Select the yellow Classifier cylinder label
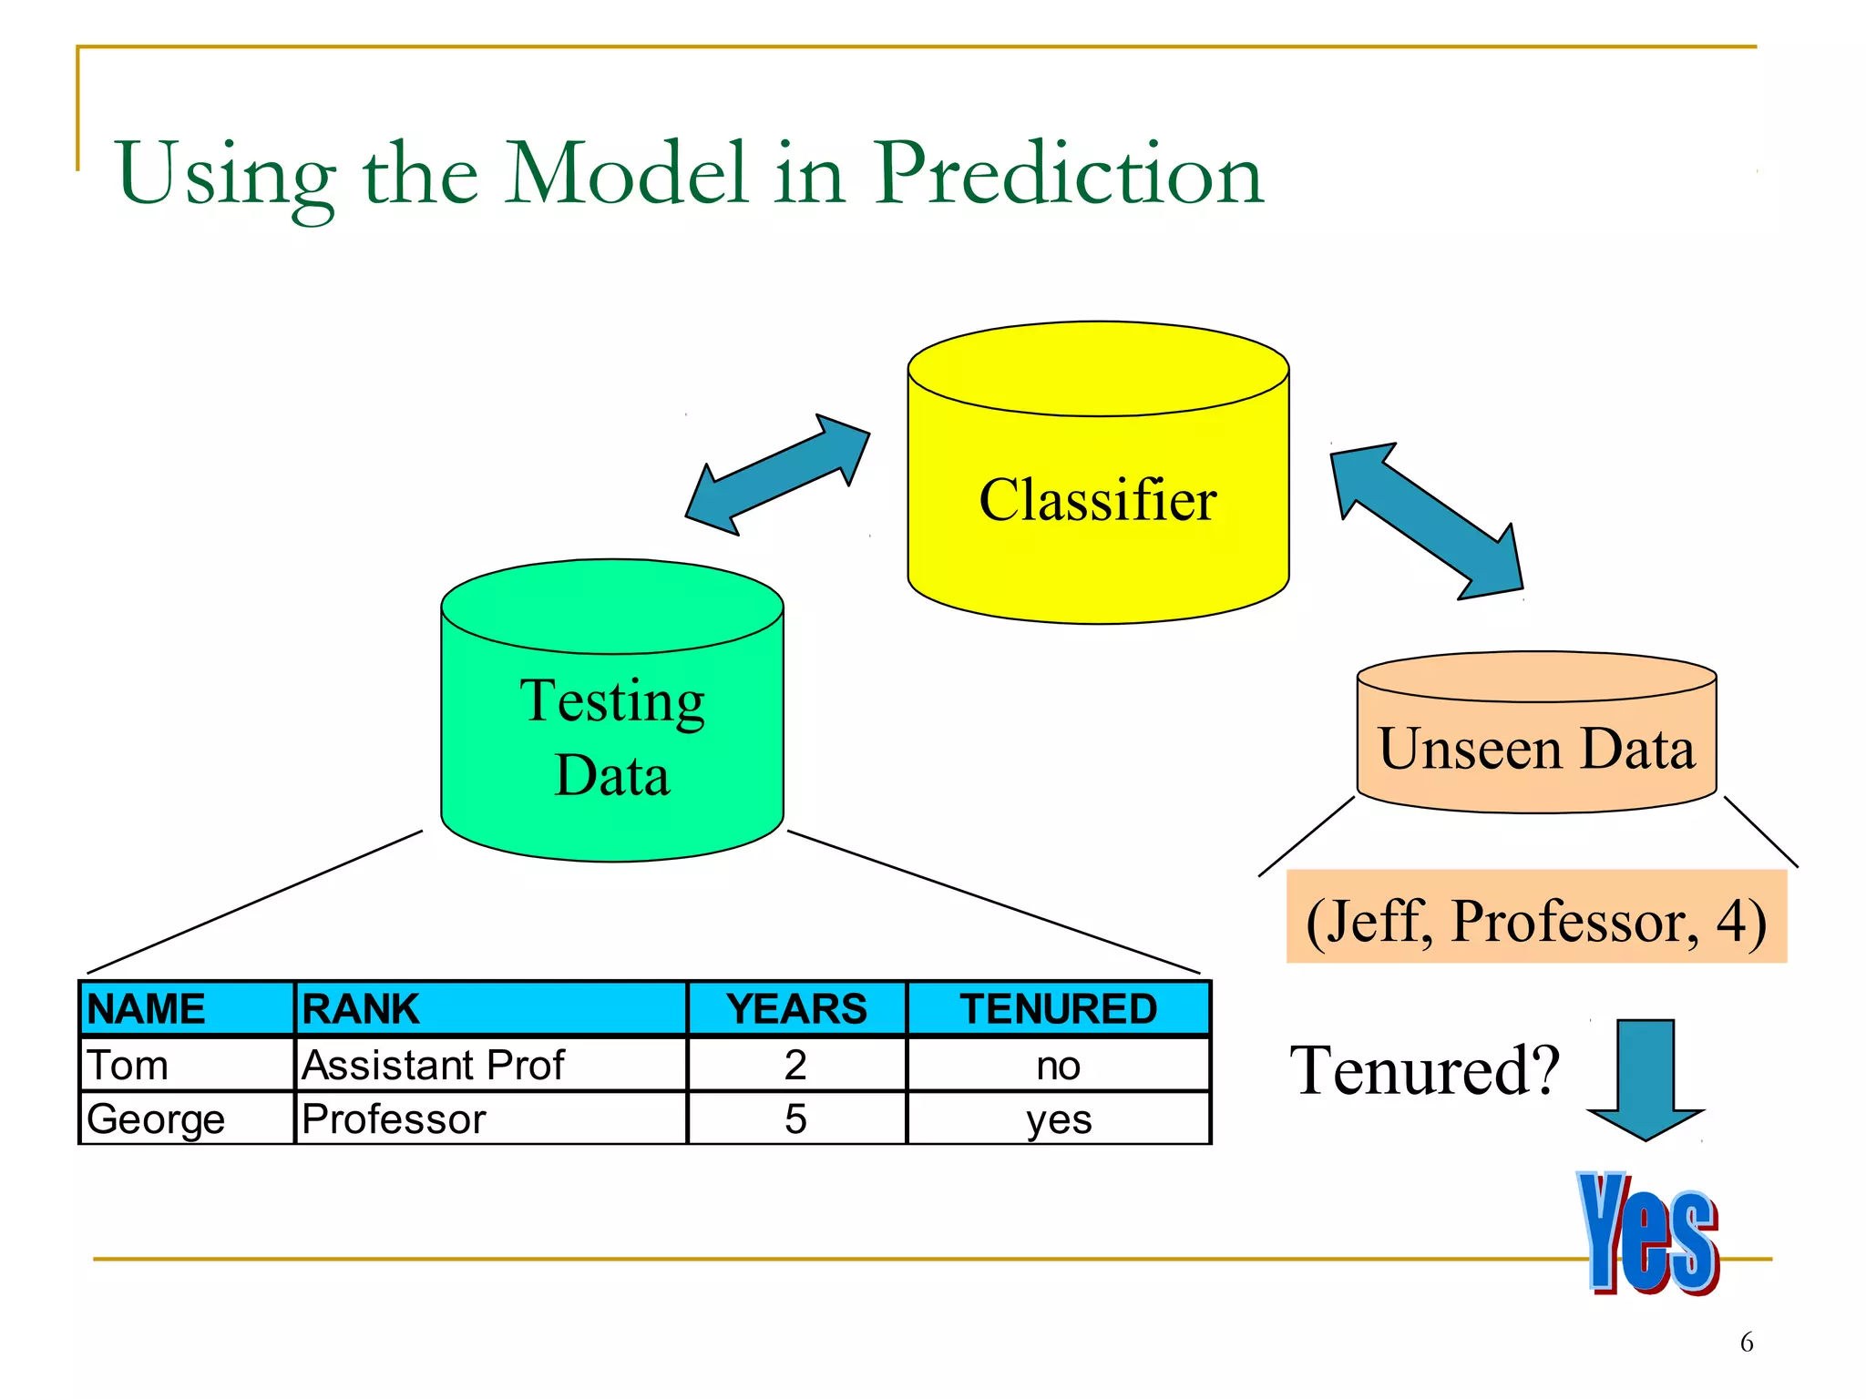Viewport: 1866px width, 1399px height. click(1097, 500)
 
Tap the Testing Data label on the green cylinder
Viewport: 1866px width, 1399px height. click(612, 737)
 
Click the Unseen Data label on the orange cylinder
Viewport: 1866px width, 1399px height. click(1536, 749)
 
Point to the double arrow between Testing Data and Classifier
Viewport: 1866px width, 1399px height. click(777, 475)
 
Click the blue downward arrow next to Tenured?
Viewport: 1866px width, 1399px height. click(1645, 1078)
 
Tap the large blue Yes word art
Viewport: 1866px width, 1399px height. click(1648, 1233)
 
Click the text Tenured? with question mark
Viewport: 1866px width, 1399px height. click(1424, 1070)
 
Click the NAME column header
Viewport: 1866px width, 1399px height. click(146, 1009)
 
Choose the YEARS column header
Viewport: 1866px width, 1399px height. click(796, 1009)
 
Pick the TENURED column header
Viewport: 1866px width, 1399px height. click(1058, 1009)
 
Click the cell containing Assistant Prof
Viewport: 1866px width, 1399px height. click(434, 1065)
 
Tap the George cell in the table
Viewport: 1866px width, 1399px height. click(156, 1118)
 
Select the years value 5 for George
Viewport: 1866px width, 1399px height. click(795, 1118)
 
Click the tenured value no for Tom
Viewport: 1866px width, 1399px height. click(1058, 1065)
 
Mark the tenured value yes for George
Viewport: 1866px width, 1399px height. click(1058, 1119)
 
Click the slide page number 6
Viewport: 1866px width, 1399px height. click(1746, 1342)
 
